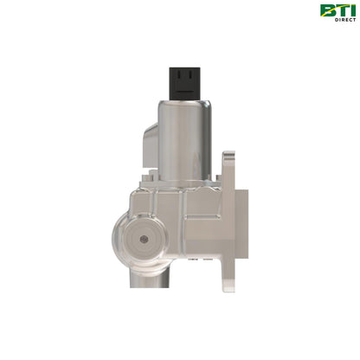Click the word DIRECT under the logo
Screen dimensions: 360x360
(x=344, y=21)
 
